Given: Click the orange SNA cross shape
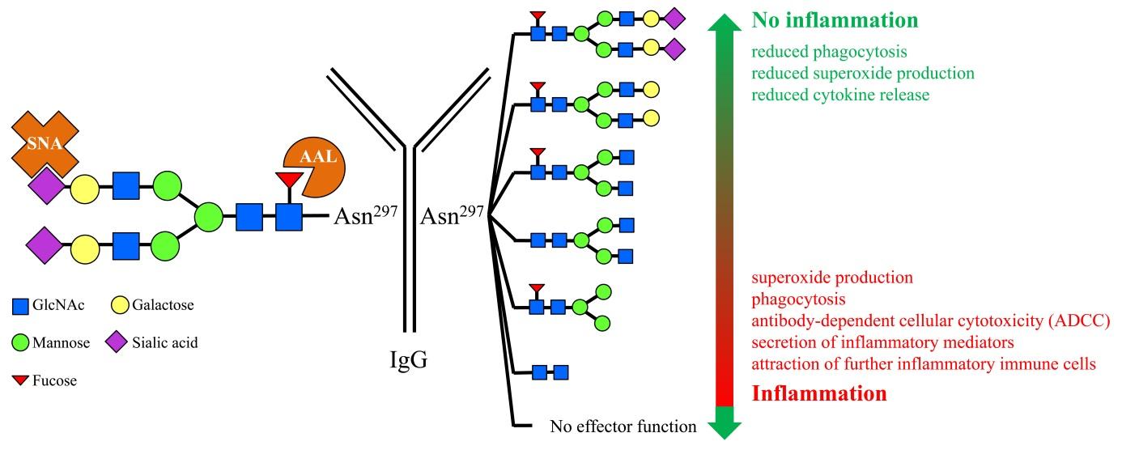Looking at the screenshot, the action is click(45, 143).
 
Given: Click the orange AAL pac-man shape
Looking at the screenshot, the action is click(315, 167).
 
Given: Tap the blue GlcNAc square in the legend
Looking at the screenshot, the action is click(20, 306).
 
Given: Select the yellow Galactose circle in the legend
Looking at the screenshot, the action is click(120, 305).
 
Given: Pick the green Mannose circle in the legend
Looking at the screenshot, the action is click(20, 343).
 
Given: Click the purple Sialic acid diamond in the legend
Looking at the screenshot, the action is click(117, 342).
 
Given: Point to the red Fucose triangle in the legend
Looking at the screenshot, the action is click(20, 380).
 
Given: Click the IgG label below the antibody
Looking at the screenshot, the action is click(409, 360).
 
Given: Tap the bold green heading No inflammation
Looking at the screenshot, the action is click(835, 20).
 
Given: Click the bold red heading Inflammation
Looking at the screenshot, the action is click(819, 393).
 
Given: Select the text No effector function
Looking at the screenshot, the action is click(623, 427).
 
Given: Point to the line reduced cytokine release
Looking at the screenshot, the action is click(840, 95).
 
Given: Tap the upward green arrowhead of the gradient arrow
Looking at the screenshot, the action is click(725, 23).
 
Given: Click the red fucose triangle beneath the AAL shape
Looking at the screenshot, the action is click(290, 179).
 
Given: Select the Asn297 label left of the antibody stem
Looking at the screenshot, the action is click(366, 216).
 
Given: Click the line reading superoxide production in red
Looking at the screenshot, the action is click(832, 278).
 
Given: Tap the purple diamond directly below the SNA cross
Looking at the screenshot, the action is click(47, 185).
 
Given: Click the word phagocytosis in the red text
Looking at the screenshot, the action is click(798, 299).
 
